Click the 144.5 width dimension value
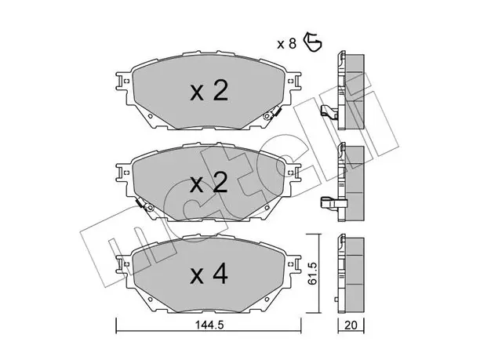point(210,325)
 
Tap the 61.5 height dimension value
point(313,274)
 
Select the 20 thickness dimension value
point(351,325)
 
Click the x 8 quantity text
point(287,44)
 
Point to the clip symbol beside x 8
point(313,42)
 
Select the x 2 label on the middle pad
point(209,183)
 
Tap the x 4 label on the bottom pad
point(209,274)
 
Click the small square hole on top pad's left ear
point(127,82)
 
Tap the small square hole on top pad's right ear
point(291,82)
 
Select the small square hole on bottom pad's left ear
point(127,264)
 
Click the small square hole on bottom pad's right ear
point(291,264)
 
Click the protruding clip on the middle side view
point(333,203)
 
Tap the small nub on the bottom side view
point(336,299)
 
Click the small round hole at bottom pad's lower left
point(150,299)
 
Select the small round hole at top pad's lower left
point(150,116)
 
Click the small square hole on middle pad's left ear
point(127,173)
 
